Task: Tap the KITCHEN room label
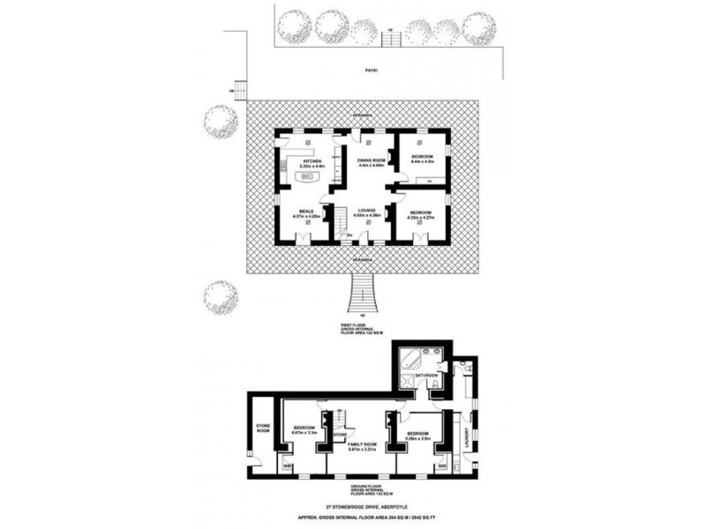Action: pyautogui.click(x=311, y=160)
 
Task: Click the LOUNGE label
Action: pyautogui.click(x=366, y=212)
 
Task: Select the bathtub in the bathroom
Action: pyautogui.click(x=409, y=360)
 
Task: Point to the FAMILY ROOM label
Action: pyautogui.click(x=361, y=445)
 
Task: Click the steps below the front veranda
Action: pyautogui.click(x=362, y=295)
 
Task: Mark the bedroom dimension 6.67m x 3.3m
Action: pyautogui.click(x=304, y=433)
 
